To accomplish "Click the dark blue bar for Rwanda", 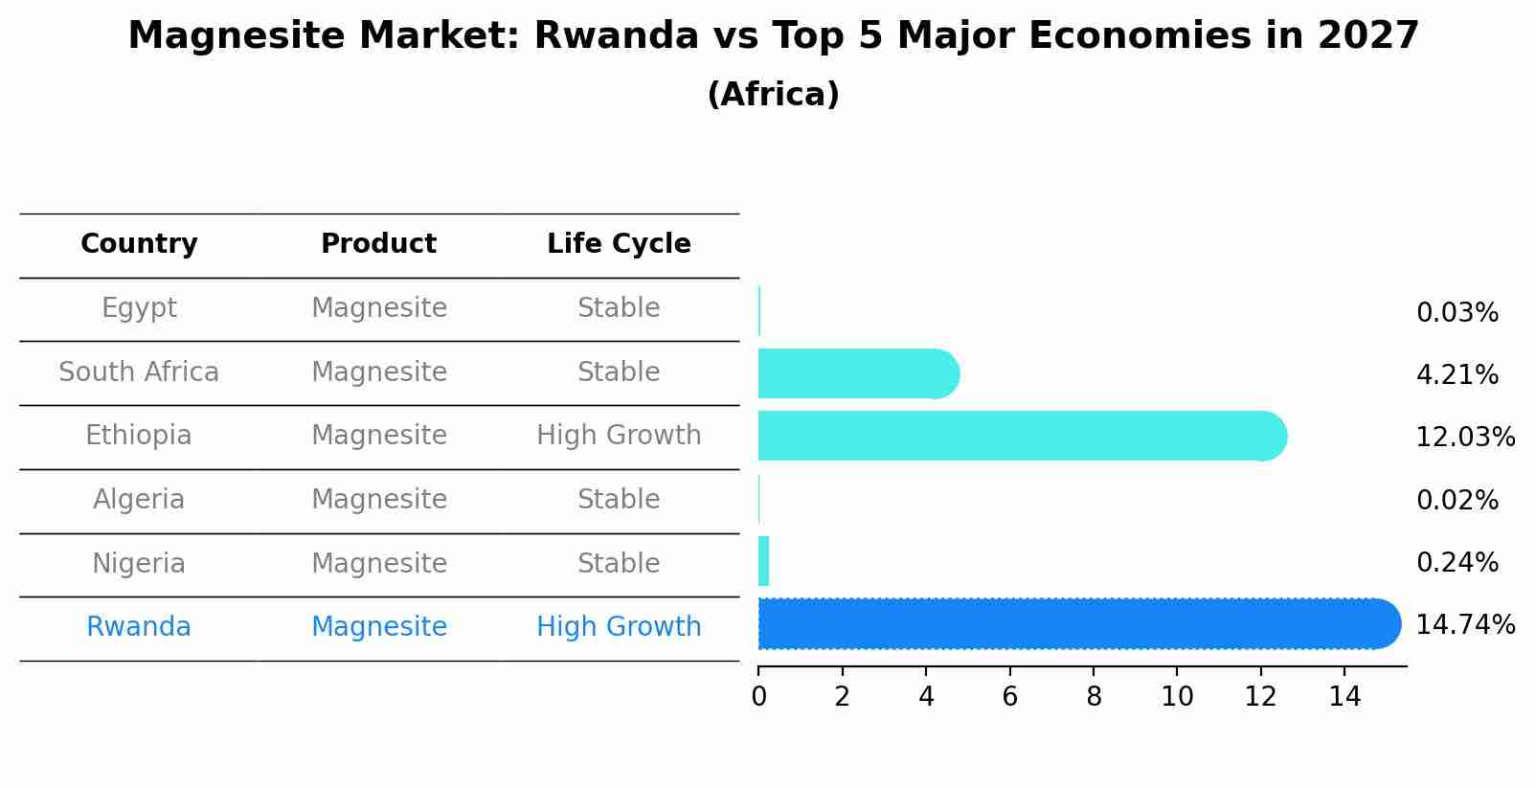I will [1073, 624].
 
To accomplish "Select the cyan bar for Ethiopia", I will [1015, 436].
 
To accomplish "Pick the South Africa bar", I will [852, 373].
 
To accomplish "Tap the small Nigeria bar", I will [763, 561].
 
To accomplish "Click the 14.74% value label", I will [1464, 625].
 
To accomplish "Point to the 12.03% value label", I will [1464, 438].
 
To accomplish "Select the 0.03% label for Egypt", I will [1457, 313].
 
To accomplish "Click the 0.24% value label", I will [1457, 563].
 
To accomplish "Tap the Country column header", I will [139, 244].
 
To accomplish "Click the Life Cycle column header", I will [619, 244].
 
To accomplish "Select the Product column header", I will [378, 244].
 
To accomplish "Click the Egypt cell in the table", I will [139, 308].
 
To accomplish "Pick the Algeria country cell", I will [139, 500].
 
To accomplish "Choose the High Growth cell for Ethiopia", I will [619, 436].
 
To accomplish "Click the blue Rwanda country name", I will [139, 627].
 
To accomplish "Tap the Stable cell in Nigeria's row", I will [619, 563].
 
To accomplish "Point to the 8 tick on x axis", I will [1094, 697].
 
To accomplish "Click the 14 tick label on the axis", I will [1344, 697].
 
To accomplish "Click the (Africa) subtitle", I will [773, 95].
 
